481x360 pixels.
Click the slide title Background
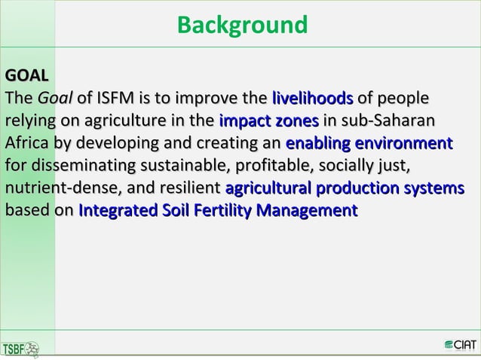tap(241, 26)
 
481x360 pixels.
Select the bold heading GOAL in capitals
tap(26, 77)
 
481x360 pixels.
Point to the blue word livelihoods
tap(312, 99)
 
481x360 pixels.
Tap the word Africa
tap(28, 144)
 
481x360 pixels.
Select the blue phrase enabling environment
tap(369, 144)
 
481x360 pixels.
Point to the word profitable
tap(283, 166)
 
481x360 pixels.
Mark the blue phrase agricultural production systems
tap(345, 188)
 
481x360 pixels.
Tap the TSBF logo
tap(23, 347)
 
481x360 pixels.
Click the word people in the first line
tap(404, 99)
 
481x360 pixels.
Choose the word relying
tap(27, 122)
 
